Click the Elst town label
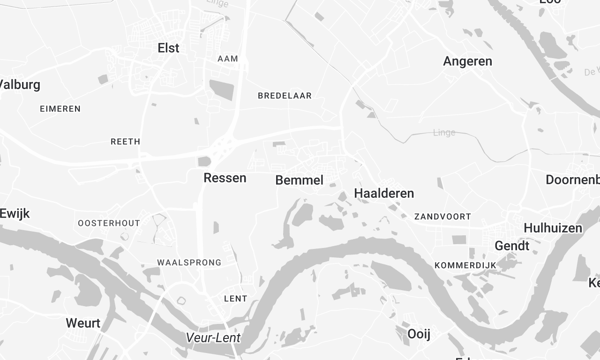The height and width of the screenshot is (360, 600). (168, 47)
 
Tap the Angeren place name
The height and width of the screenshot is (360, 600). (467, 61)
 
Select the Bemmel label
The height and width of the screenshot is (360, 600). (299, 180)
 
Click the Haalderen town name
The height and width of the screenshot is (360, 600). (383, 192)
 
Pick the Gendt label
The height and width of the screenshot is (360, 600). (511, 245)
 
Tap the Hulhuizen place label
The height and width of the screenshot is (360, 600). (551, 228)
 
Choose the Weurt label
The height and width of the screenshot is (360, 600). (82, 323)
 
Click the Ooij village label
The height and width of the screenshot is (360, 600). (418, 333)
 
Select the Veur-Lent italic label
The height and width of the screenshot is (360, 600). (213, 338)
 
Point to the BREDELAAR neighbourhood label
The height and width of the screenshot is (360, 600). (285, 96)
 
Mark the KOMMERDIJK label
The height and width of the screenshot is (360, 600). (465, 265)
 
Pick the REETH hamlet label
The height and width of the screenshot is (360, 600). (125, 142)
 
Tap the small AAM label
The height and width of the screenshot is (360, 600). (228, 59)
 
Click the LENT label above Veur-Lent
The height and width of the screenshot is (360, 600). (236, 299)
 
